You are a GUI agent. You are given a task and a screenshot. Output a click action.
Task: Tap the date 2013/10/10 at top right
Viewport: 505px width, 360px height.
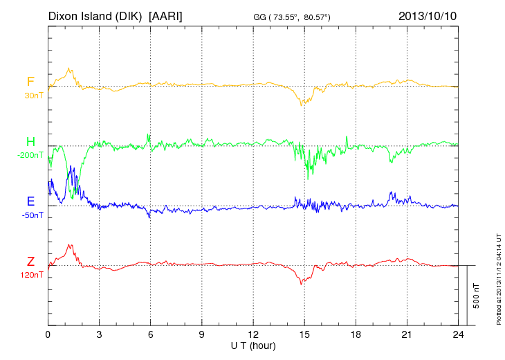click(x=428, y=15)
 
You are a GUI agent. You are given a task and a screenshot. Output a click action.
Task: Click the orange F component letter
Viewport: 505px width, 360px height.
click(x=30, y=82)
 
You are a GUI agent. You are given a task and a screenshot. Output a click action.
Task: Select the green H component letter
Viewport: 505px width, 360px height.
click(x=30, y=142)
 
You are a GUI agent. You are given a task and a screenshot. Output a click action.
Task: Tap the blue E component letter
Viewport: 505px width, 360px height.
click(x=30, y=201)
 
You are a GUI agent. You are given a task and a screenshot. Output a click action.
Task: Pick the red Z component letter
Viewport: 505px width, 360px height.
click(x=30, y=262)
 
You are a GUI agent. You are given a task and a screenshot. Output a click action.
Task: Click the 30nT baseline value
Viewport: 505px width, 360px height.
click(x=33, y=96)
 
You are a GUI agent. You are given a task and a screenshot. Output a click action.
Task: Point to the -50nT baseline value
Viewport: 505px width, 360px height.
click(x=32, y=215)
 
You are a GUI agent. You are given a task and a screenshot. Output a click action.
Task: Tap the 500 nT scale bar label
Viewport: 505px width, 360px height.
click(x=477, y=296)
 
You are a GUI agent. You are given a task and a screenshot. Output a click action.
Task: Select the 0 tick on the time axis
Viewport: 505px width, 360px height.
click(x=48, y=334)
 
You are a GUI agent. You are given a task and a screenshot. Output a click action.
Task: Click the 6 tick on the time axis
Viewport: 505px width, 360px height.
click(x=150, y=334)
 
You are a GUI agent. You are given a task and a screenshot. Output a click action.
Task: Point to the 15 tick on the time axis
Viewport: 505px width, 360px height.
click(x=304, y=334)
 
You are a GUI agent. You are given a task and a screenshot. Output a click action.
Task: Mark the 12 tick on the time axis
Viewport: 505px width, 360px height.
click(x=253, y=334)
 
